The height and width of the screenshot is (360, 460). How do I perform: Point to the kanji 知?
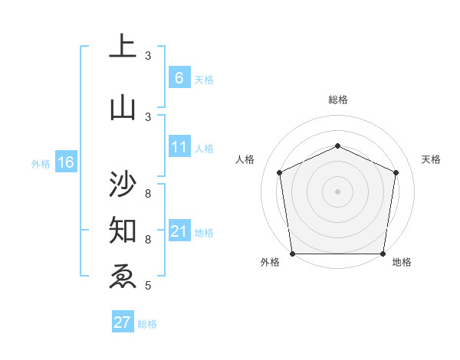pyautogui.click(x=123, y=228)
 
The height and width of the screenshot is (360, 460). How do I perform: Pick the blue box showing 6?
pyautogui.click(x=179, y=77)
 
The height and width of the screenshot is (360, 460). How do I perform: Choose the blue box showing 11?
pyautogui.click(x=179, y=147)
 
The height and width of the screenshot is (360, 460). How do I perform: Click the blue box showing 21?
pyautogui.click(x=179, y=231)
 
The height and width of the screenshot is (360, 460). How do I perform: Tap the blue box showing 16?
pyautogui.click(x=65, y=162)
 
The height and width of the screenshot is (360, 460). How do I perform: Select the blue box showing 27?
pyautogui.click(x=122, y=322)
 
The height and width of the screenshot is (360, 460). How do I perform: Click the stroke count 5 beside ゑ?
pyautogui.click(x=148, y=286)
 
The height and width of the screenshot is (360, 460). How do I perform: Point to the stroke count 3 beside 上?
pyautogui.click(x=148, y=55)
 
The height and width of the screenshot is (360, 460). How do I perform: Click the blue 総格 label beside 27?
pyautogui.click(x=147, y=324)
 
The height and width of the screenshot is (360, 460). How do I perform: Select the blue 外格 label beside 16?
pyautogui.click(x=41, y=163)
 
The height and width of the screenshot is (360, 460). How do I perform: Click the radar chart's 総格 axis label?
pyautogui.click(x=337, y=100)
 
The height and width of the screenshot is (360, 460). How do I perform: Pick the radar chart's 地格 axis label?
pyautogui.click(x=402, y=262)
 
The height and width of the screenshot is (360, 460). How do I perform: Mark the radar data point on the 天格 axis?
pyautogui.click(x=396, y=172)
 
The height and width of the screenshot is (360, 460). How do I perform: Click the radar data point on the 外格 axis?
pyautogui.click(x=292, y=254)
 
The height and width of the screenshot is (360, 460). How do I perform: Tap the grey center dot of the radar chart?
pyautogui.click(x=337, y=191)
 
